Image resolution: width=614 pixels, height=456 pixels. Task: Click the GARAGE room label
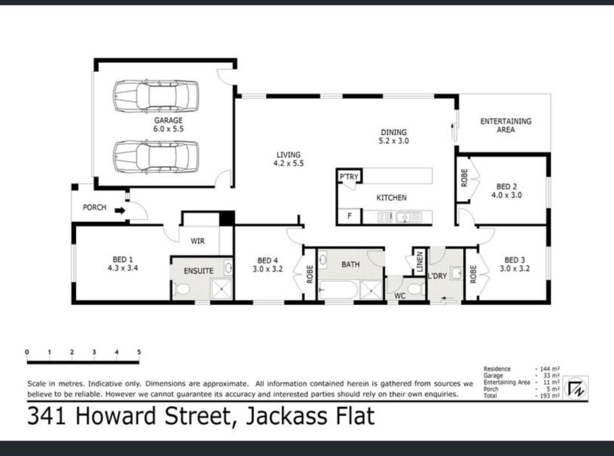point(168,120)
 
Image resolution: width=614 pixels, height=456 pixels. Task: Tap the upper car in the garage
point(156,96)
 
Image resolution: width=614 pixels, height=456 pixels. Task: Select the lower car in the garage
point(156,157)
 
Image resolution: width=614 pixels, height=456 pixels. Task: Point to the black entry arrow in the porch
point(120,211)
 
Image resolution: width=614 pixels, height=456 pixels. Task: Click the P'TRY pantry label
point(349,177)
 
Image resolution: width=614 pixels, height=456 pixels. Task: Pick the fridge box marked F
point(349,216)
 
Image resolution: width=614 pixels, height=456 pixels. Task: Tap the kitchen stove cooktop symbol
point(385,217)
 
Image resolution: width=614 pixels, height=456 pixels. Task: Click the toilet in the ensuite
point(181,289)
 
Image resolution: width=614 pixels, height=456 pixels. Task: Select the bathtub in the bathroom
point(338,290)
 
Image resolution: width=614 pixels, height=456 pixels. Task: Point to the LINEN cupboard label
point(420,261)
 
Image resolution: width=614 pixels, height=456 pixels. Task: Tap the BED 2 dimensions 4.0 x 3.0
point(507,195)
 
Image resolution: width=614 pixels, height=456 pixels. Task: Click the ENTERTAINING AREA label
point(506,125)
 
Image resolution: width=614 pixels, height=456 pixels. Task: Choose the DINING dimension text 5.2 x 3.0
point(393,141)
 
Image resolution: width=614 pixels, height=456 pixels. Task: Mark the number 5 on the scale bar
point(139,352)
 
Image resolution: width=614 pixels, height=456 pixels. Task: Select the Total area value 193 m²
point(547,396)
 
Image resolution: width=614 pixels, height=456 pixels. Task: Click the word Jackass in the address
point(290,416)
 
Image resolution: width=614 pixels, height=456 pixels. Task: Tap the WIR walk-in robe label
point(198,241)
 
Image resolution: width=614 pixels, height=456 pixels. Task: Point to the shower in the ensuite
point(222,289)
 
